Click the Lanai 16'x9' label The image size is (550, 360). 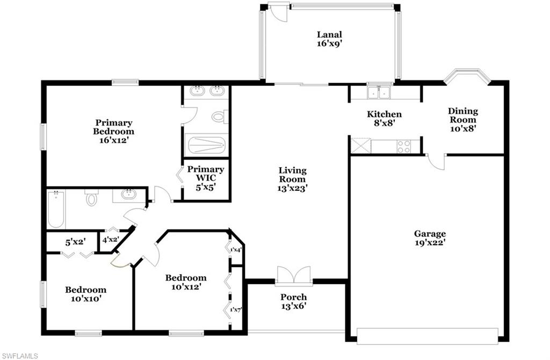[329, 39]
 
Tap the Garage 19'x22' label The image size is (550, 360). [430, 237]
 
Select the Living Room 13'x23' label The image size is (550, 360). [292, 179]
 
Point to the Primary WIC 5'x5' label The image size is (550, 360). [206, 174]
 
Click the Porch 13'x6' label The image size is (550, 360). [294, 301]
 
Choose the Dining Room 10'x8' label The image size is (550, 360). [463, 119]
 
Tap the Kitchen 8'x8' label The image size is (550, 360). [384, 118]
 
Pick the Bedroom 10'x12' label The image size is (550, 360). [186, 282]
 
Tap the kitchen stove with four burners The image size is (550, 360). [404, 146]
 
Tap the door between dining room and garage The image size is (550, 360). [436, 162]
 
